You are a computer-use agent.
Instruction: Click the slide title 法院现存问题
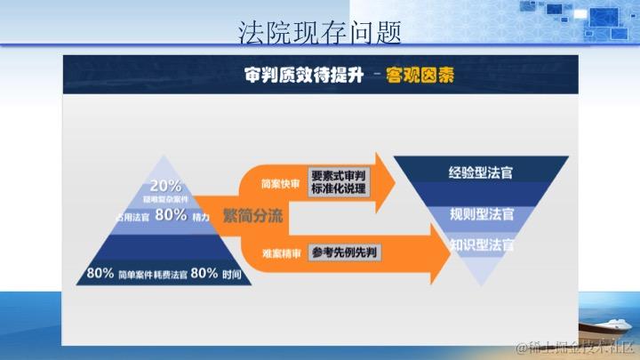(320, 33)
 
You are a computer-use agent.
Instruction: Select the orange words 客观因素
(420, 75)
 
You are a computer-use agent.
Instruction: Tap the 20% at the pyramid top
(165, 186)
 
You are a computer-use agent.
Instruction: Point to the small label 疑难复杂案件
(165, 200)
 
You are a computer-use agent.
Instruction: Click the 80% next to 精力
(171, 214)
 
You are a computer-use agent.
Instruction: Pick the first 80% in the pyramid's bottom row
(100, 273)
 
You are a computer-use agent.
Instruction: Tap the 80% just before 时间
(204, 273)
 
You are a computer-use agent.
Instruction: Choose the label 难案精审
(282, 253)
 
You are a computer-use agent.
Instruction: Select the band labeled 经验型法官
(481, 170)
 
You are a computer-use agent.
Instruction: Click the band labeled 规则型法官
(481, 214)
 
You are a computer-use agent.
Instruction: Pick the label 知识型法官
(481, 244)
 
